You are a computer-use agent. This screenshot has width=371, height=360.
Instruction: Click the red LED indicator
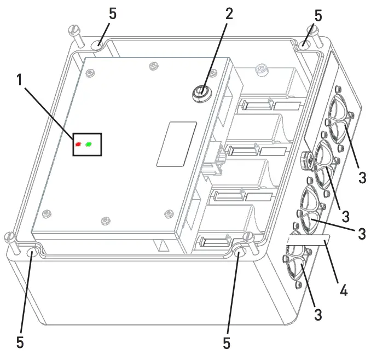pyautogui.click(x=79, y=144)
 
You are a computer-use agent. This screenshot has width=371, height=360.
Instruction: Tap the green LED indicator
pyautogui.click(x=89, y=144)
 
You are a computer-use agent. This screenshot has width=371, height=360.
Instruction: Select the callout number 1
pyautogui.click(x=20, y=79)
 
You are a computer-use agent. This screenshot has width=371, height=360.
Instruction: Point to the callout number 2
pyautogui.click(x=229, y=14)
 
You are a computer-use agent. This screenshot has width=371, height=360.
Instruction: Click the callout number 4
pyautogui.click(x=343, y=289)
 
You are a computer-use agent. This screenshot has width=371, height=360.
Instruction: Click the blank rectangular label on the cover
pyautogui.click(x=176, y=143)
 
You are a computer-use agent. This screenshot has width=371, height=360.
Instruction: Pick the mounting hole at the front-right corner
pyautogui.click(x=240, y=253)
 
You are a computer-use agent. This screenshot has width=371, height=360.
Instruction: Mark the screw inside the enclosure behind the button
pyautogui.click(x=261, y=69)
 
